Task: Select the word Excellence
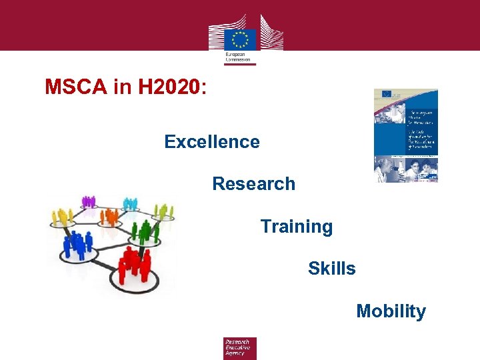pos(212,142)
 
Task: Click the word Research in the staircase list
pos(253,184)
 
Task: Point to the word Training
pos(296,227)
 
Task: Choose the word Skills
pos(331,269)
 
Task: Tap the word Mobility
pos(391,311)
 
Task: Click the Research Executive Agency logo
pos(239,348)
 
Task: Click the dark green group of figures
pos(142,231)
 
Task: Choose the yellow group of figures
pos(63,215)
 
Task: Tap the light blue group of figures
pos(131,203)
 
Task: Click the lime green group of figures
pos(163,212)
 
